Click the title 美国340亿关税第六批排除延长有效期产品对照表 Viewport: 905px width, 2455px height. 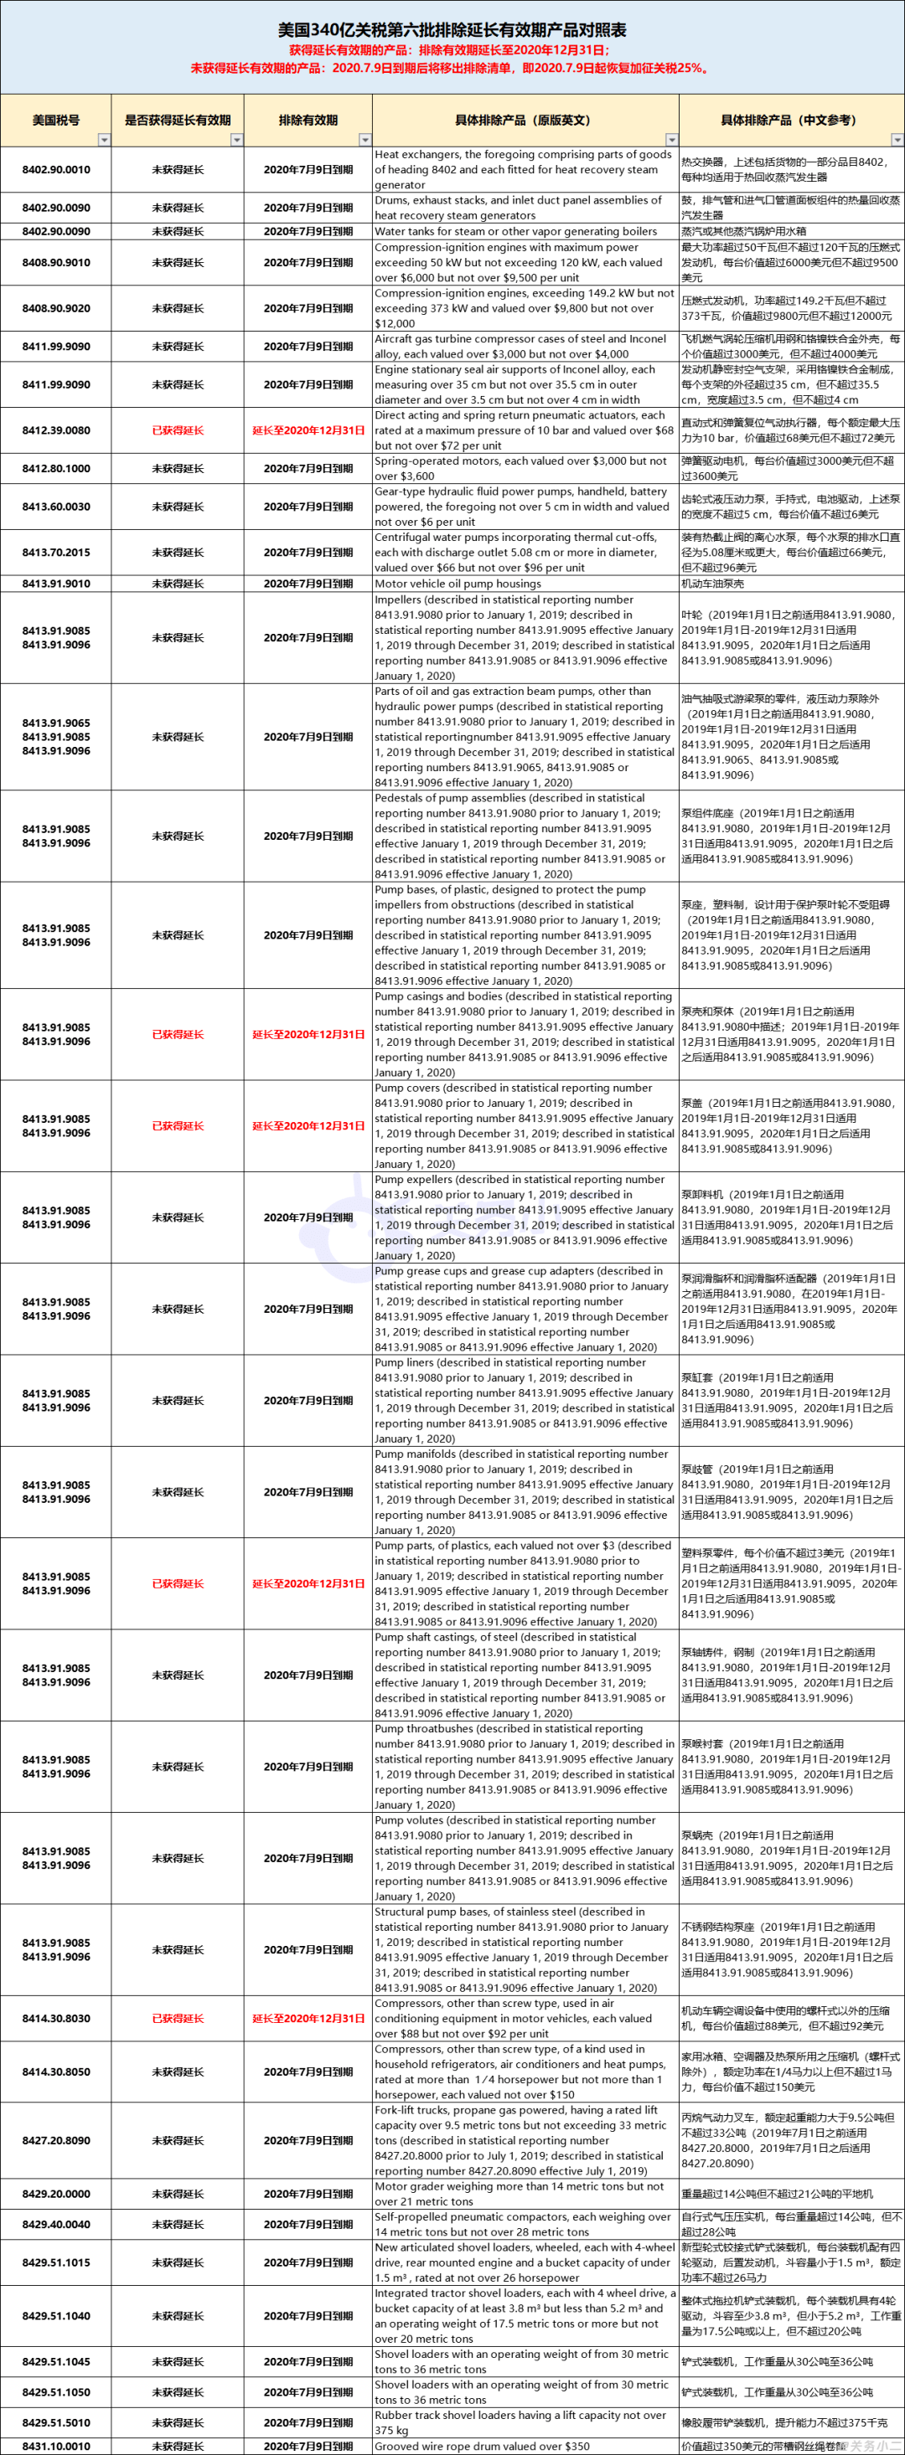coord(452,29)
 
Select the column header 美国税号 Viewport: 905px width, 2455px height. coord(55,120)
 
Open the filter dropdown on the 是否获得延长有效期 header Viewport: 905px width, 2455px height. coord(237,140)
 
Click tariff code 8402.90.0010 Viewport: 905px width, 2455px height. coord(56,170)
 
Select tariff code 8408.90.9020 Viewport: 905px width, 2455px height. coord(56,308)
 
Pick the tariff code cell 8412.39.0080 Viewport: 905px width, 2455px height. coord(56,430)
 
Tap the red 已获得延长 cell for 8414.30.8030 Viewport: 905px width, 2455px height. coord(178,2018)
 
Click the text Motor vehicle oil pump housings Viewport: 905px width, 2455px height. coord(458,584)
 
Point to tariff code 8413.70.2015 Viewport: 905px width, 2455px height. coord(56,552)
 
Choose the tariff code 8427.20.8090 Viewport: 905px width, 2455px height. coord(56,2139)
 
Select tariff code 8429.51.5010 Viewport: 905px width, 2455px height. coord(56,2422)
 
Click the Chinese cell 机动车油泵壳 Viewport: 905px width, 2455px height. coord(712,584)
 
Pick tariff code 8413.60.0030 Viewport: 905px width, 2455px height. coord(56,506)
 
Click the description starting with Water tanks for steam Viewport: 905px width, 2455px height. coord(515,230)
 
